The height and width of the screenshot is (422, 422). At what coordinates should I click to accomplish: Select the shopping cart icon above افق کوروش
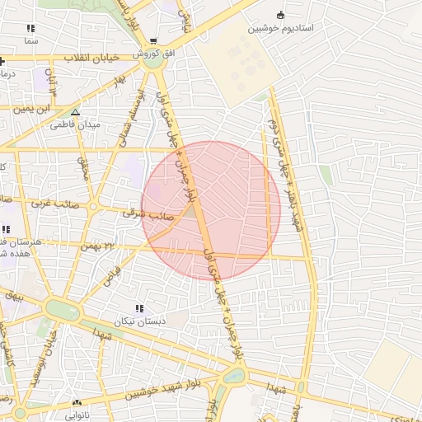coord(153,41)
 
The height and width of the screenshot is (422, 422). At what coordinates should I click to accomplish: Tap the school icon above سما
coord(30,28)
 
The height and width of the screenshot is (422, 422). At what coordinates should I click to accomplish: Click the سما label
coord(30,40)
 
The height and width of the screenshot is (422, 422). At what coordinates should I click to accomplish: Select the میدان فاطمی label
coord(75,124)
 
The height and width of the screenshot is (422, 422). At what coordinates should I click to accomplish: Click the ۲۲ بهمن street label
coord(99,246)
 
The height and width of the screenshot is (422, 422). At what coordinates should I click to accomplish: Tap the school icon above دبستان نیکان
coord(139,308)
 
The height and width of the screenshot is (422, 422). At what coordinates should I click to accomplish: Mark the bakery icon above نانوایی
coord(77,404)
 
